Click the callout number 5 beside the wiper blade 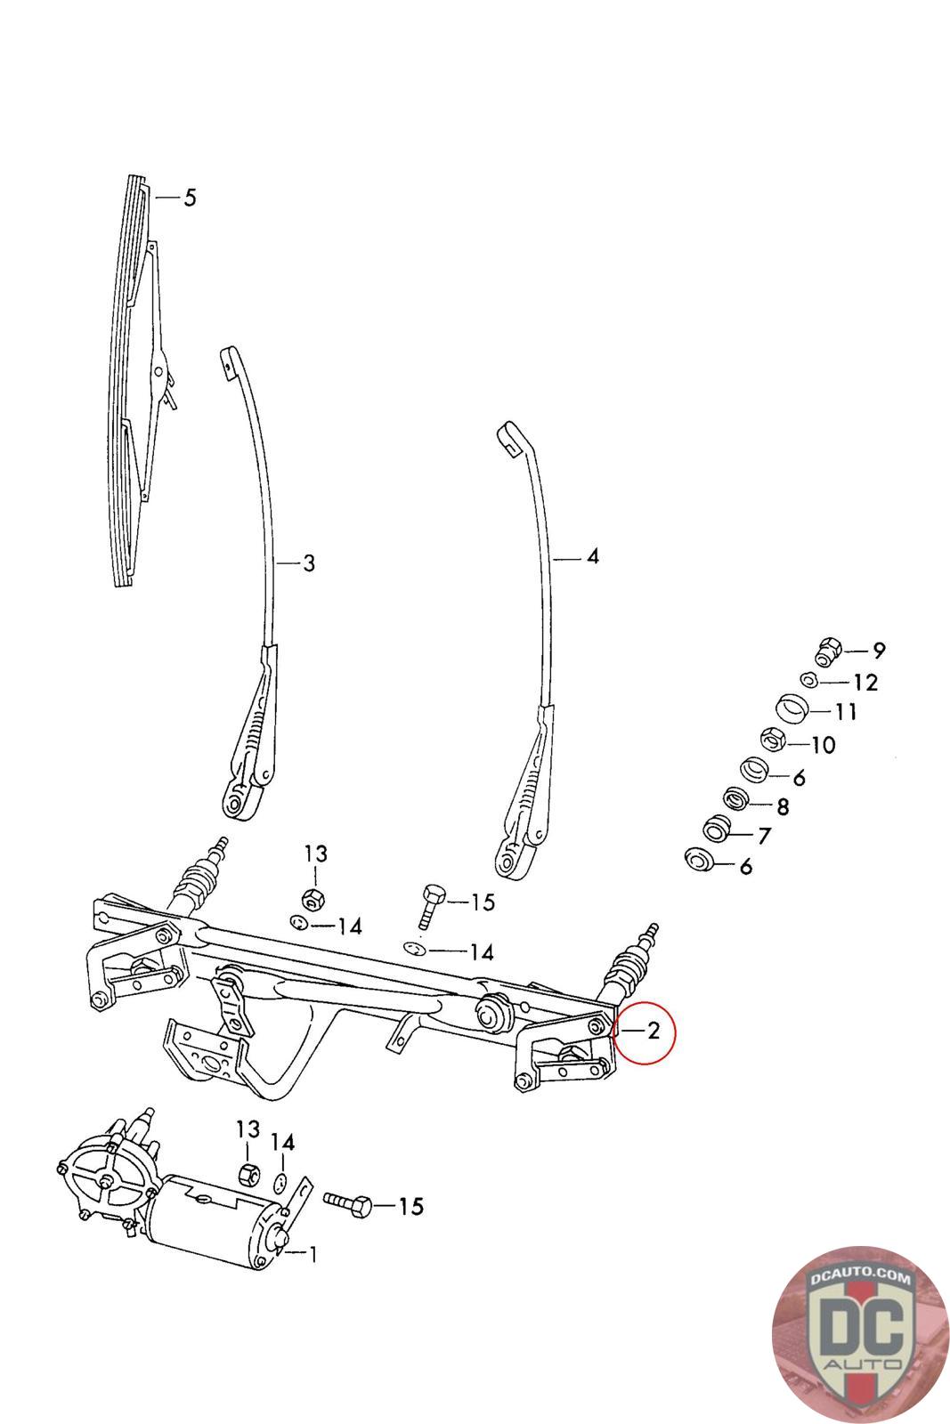[189, 198]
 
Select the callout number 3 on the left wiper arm [308, 563]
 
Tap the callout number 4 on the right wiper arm [592, 557]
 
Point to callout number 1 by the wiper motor [313, 1254]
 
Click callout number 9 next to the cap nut [879, 651]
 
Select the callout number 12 [865, 683]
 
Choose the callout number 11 [846, 712]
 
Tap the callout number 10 [824, 744]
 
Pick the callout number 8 [783, 807]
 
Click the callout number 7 [764, 836]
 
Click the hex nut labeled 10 [772, 738]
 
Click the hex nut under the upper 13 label [312, 896]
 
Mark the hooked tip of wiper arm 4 [509, 437]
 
